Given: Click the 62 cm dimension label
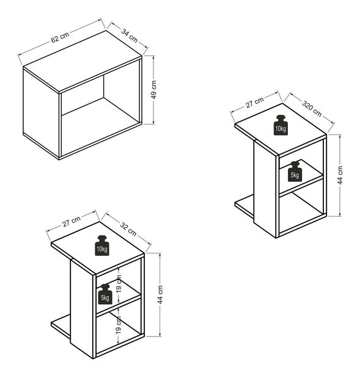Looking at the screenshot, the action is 60,37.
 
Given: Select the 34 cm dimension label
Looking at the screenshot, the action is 130,36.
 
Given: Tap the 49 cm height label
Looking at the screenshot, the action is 153,90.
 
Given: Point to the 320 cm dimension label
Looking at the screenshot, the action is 312,109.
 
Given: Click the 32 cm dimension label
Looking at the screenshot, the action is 128,228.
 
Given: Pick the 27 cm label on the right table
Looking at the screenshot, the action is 255,103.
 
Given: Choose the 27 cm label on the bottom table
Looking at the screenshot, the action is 72,222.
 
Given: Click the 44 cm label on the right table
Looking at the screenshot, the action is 340,175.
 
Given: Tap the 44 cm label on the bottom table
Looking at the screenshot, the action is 161,294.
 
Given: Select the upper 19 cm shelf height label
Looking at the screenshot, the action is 119,284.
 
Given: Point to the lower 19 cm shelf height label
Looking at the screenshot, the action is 118,325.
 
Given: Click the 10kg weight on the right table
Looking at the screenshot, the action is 281,125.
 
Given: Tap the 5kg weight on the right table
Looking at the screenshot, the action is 295,172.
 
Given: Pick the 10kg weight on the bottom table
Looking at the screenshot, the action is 102,245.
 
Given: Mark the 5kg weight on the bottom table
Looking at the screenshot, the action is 105,294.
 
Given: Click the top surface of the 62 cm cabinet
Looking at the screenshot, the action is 82,61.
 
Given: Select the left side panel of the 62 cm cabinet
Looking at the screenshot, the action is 41,113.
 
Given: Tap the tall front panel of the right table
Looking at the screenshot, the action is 265,187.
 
